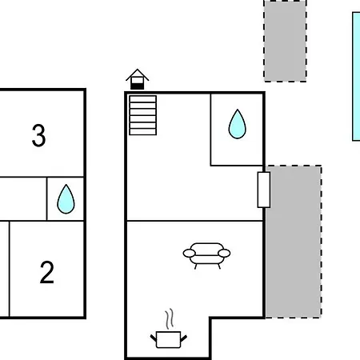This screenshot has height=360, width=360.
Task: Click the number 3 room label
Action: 38,135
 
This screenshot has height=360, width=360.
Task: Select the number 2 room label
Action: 47,272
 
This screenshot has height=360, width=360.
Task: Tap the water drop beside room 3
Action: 66,199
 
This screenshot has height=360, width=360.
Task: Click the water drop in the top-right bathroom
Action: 237,124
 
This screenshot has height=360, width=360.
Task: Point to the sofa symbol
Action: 206,255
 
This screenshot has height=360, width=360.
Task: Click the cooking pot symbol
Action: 169,339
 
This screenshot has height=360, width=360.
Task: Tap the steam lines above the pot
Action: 170,318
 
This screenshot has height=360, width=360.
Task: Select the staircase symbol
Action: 142,115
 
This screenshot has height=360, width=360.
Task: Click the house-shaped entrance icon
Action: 138,79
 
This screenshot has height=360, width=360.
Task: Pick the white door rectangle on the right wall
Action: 264,190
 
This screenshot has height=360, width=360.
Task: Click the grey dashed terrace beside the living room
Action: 294,242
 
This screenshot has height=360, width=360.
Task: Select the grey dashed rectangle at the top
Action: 285,41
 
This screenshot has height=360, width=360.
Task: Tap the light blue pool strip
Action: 356,76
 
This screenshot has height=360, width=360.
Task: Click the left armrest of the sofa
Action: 189,253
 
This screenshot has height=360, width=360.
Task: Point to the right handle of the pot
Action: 184,338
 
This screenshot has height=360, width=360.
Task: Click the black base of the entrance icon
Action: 138,86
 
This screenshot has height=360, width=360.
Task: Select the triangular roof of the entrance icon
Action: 138,74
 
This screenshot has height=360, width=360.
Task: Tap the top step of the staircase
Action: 142,99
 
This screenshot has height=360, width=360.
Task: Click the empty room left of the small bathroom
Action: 23,199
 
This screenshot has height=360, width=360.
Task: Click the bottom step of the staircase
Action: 142,132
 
